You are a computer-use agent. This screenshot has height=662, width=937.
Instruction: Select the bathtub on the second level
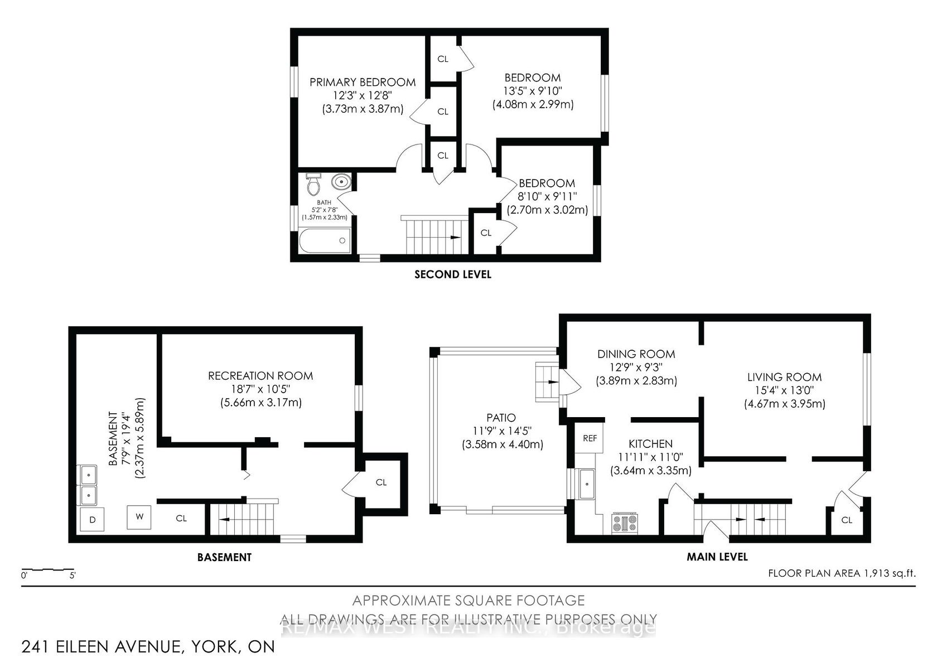(x=325, y=240)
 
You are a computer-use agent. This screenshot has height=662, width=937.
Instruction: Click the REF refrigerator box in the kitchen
(x=589, y=438)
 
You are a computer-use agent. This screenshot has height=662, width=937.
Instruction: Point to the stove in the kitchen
(x=625, y=523)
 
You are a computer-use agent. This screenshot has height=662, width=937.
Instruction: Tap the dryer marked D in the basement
(x=92, y=519)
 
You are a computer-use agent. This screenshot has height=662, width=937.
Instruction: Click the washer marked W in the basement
(x=139, y=517)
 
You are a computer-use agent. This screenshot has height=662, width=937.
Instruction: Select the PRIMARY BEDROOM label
(x=363, y=82)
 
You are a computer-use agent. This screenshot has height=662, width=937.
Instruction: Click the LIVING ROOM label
(x=784, y=377)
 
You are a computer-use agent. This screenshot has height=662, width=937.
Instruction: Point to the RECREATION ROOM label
(x=260, y=375)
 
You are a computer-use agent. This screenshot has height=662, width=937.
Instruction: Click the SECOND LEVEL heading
(x=453, y=274)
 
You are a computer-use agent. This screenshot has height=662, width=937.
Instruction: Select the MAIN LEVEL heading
(x=717, y=557)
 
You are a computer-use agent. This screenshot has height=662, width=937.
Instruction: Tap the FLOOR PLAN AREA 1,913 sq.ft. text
(x=842, y=573)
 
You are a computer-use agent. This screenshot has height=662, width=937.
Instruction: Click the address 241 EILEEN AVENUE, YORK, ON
(x=148, y=647)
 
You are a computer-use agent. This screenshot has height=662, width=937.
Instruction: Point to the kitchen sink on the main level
(x=586, y=484)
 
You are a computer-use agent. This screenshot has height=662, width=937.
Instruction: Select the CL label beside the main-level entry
(x=847, y=520)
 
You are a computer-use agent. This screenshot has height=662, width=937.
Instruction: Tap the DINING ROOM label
(x=636, y=354)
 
